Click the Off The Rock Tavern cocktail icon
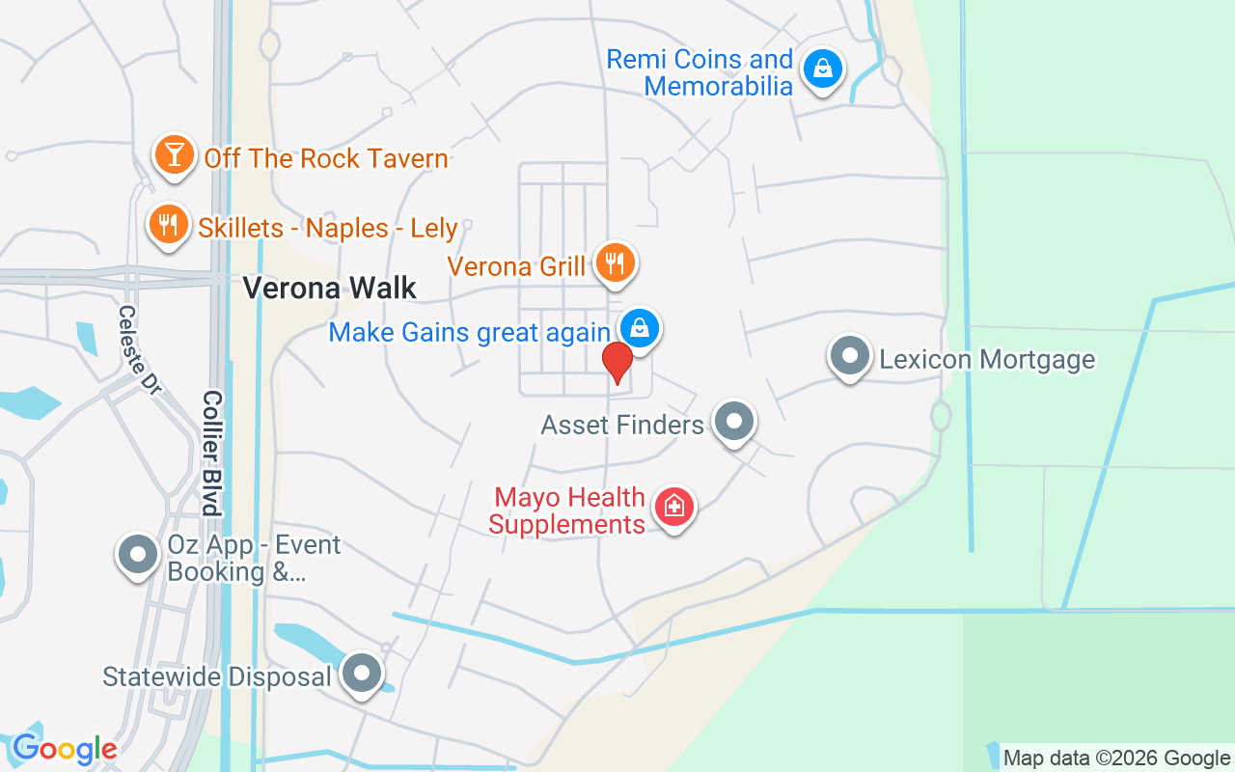click(174, 154)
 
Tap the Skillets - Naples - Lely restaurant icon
click(169, 225)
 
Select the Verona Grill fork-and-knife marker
click(614, 262)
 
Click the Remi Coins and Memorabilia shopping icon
click(822, 69)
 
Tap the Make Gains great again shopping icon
click(639, 328)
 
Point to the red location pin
click(617, 362)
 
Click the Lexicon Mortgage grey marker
click(850, 356)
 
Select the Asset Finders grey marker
click(734, 421)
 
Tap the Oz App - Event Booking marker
click(138, 555)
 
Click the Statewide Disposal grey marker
click(363, 673)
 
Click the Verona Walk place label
click(329, 288)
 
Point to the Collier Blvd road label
click(212, 452)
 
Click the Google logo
click(65, 749)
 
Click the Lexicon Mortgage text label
click(987, 360)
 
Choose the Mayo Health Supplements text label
click(567, 511)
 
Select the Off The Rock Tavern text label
click(326, 158)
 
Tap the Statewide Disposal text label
click(217, 676)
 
